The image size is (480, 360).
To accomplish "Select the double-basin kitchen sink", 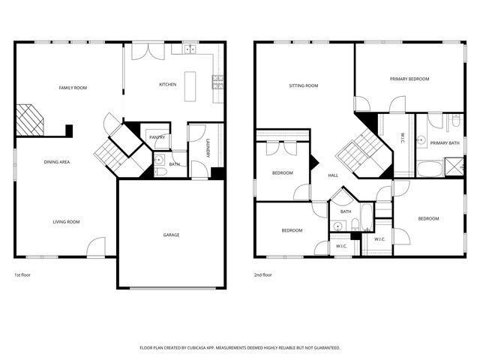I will point(188,49).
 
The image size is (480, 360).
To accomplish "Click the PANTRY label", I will point(157,137).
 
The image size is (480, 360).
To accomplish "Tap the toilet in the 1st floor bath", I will point(160,172).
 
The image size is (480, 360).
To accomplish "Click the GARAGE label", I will point(171,235).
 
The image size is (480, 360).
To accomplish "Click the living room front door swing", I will point(97,247).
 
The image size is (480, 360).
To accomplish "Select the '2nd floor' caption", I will point(263,275).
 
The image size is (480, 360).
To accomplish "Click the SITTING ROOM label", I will point(304,85).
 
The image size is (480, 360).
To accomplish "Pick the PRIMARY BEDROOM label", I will point(409,79).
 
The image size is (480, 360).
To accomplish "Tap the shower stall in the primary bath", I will point(454,166).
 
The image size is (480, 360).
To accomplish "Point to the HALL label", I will point(333,175).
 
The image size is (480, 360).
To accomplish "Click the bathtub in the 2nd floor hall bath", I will point(366,218).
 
